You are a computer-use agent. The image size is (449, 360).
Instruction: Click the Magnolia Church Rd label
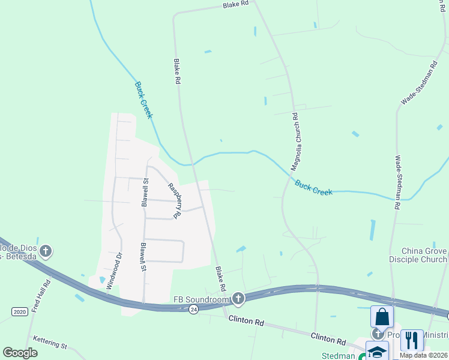295,142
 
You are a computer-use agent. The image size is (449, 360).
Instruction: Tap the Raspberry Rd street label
175,200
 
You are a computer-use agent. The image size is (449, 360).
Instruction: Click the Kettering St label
51,342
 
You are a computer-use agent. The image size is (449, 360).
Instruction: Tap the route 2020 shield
20,311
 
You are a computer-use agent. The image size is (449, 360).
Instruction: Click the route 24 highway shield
193,309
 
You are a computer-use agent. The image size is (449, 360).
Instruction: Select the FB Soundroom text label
202,299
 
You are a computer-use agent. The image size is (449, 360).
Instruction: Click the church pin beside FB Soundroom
238,298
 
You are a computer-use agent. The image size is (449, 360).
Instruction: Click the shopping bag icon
381,317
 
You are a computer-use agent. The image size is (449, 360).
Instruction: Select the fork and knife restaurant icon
411,340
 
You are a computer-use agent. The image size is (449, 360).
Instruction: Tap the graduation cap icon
377,352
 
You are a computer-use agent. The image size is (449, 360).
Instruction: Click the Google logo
20,353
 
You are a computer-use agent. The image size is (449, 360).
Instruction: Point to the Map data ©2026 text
424,355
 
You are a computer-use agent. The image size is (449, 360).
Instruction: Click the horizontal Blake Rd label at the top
235,5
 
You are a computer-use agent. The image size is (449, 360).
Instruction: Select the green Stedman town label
339,356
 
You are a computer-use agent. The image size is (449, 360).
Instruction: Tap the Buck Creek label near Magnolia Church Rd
313,187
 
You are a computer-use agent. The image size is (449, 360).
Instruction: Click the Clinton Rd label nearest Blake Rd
246,322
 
